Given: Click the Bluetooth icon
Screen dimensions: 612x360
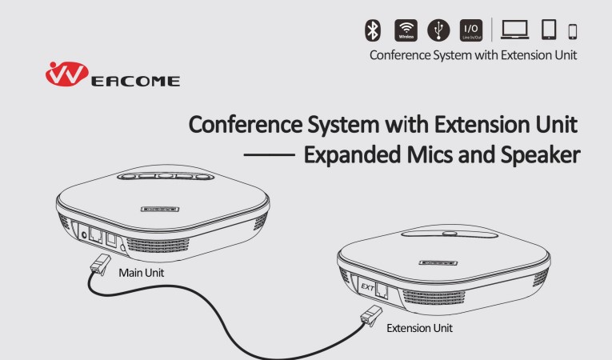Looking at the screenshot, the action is (x=373, y=30).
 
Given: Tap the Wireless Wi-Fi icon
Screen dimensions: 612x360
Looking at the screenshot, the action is (x=406, y=30).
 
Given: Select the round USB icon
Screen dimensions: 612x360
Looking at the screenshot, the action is (x=438, y=30).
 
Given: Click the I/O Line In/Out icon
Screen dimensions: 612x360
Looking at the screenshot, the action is (x=471, y=30).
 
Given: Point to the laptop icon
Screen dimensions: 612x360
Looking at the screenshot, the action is (x=515, y=30).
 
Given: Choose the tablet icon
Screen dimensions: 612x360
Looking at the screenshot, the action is (x=549, y=30).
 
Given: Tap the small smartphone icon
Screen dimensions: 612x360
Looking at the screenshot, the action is (x=573, y=32).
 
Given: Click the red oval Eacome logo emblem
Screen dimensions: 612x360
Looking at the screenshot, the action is (x=66, y=74).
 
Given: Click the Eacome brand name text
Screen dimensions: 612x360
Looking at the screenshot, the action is (x=135, y=82).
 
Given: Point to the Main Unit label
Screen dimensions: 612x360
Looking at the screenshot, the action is (x=142, y=273).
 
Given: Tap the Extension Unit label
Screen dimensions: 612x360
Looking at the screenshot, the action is (x=419, y=328).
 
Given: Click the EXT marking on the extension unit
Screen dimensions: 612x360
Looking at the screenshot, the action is (x=367, y=287).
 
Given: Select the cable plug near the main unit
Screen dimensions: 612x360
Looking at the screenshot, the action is (x=101, y=264).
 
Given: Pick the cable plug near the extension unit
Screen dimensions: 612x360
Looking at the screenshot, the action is (x=371, y=315).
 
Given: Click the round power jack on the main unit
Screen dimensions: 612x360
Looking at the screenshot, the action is (x=83, y=235).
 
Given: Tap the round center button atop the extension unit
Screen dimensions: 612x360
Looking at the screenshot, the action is (x=450, y=234).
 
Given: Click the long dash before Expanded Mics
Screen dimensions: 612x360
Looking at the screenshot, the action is (x=270, y=155).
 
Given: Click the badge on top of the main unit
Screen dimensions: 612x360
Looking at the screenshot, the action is (x=160, y=210).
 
